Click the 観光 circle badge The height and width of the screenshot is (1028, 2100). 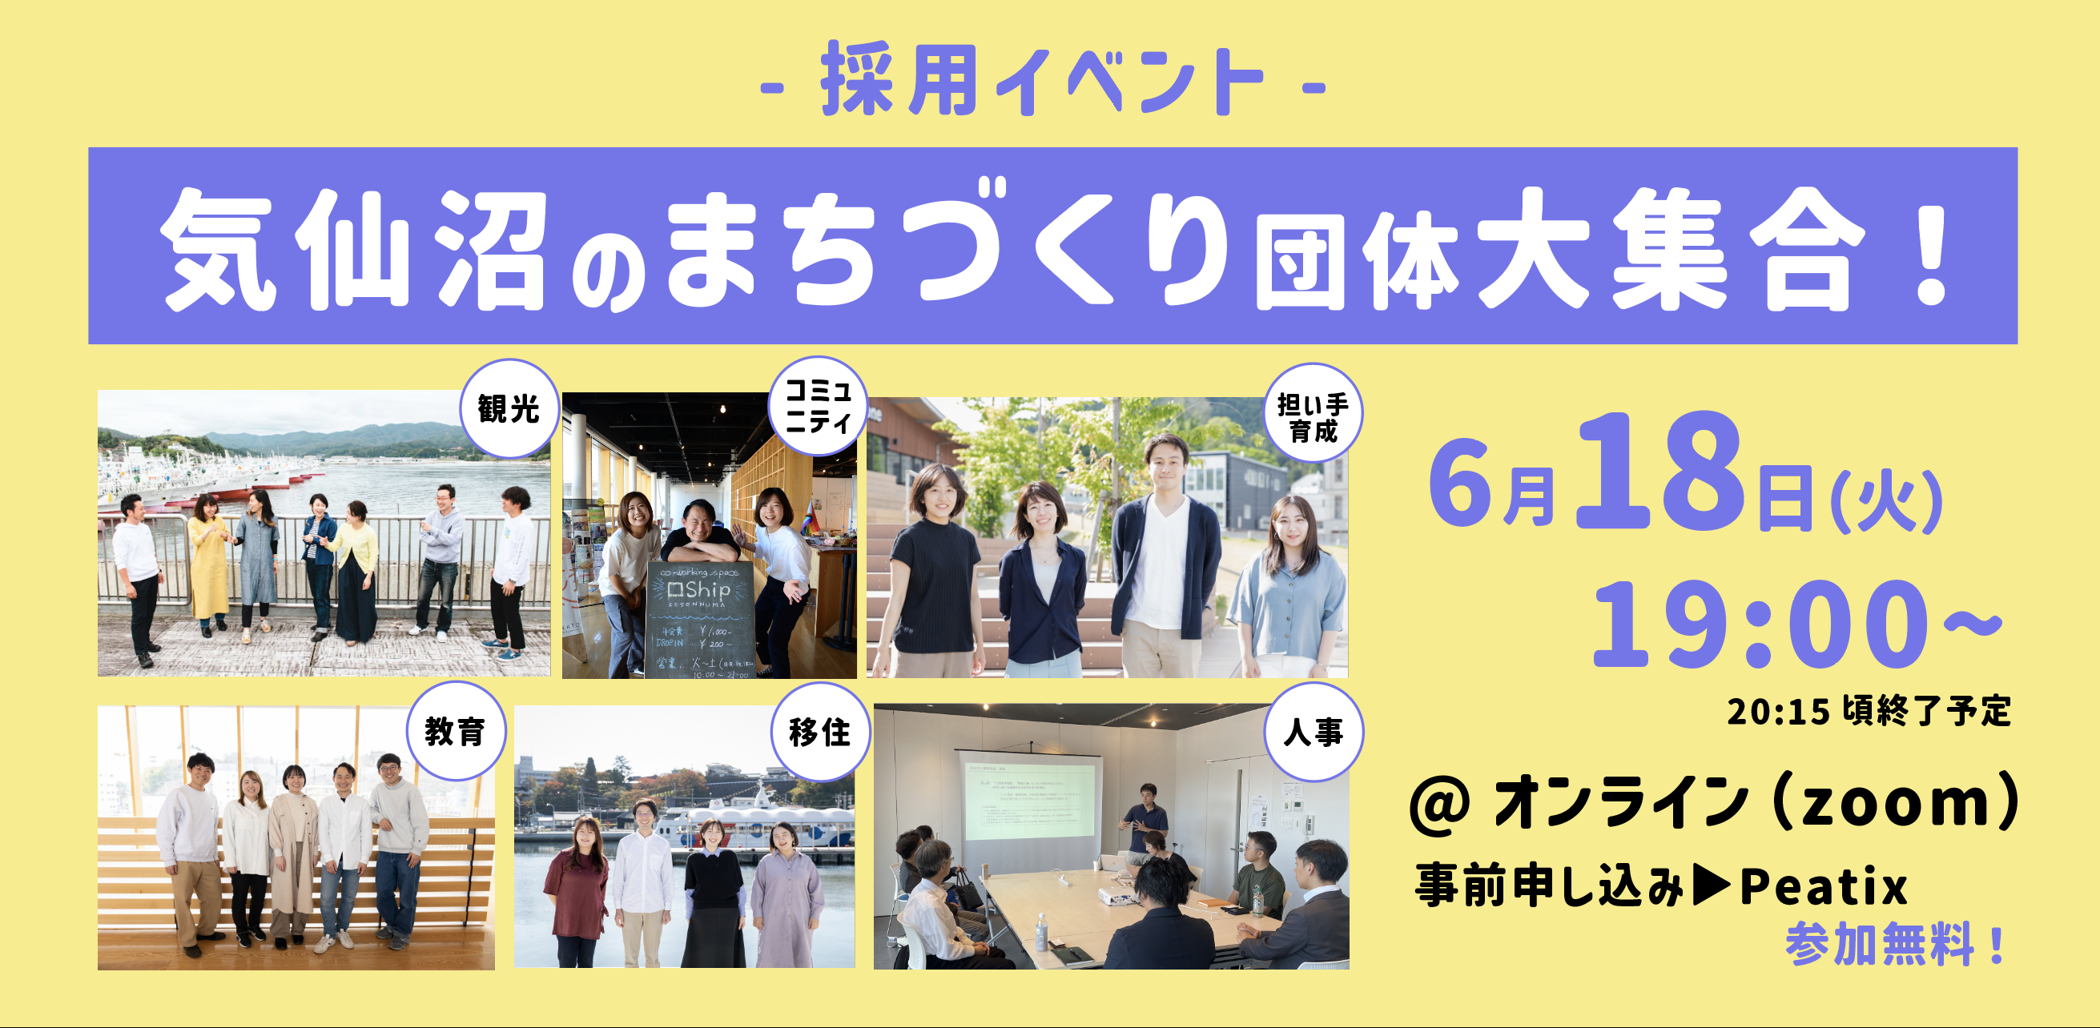509,409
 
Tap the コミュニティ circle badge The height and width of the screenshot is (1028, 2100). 818,406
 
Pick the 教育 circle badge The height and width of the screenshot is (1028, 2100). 455,731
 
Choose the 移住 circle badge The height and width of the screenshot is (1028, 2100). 819,732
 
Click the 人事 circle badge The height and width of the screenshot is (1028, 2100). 1313,731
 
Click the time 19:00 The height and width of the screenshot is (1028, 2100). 1761,624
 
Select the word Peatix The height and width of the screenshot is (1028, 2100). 1824,887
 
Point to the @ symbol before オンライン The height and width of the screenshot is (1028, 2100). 1442,804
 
